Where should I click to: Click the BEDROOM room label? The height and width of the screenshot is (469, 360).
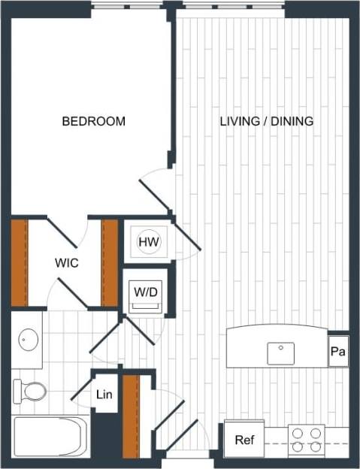coord(93,121)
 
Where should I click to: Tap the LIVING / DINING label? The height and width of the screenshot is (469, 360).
coord(266,121)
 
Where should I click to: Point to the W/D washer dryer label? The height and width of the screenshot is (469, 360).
coord(146,291)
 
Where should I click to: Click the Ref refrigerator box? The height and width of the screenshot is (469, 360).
coord(244,440)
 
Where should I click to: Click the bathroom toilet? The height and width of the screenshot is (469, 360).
coord(30,391)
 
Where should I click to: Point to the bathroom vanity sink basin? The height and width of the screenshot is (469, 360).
coord(29,340)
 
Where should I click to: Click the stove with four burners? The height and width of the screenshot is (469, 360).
coord(306,440)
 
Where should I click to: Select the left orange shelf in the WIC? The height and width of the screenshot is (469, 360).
coord(19,262)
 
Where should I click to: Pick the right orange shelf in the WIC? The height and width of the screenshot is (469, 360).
coord(110,262)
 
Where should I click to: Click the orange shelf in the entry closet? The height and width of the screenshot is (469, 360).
coord(131,416)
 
